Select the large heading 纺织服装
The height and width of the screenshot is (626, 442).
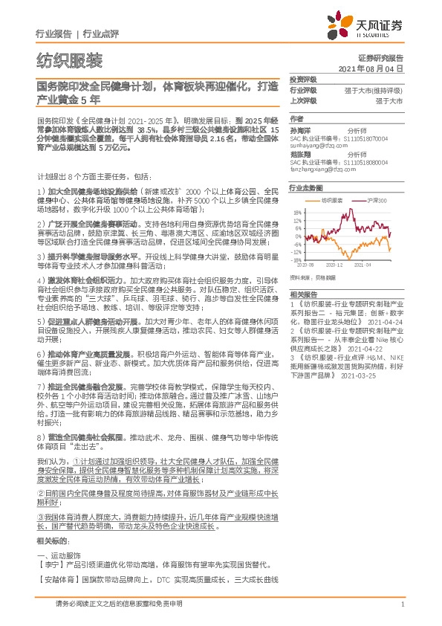70,60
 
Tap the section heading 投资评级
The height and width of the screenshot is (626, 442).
302,79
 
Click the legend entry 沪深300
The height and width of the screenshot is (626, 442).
377,201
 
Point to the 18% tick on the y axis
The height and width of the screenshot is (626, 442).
298,212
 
